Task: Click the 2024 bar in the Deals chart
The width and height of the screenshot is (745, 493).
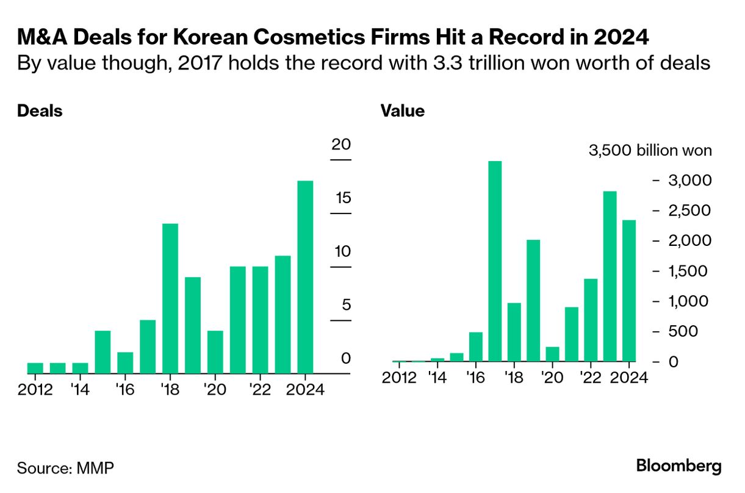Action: [304, 277]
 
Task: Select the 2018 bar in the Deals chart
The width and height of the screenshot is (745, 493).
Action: [170, 298]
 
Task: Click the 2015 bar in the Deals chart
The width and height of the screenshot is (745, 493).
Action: [103, 351]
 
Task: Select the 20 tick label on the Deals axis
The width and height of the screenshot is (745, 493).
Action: [341, 145]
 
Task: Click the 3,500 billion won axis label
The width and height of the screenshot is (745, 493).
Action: [650, 150]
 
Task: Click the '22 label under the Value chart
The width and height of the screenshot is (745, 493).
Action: [590, 378]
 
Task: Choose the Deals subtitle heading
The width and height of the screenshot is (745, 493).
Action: [40, 111]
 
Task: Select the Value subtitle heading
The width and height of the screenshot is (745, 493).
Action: [403, 111]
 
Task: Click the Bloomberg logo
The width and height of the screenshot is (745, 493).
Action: [678, 467]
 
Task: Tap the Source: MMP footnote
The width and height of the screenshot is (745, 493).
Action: [65, 468]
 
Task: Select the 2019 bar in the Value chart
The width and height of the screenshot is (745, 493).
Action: [533, 300]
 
